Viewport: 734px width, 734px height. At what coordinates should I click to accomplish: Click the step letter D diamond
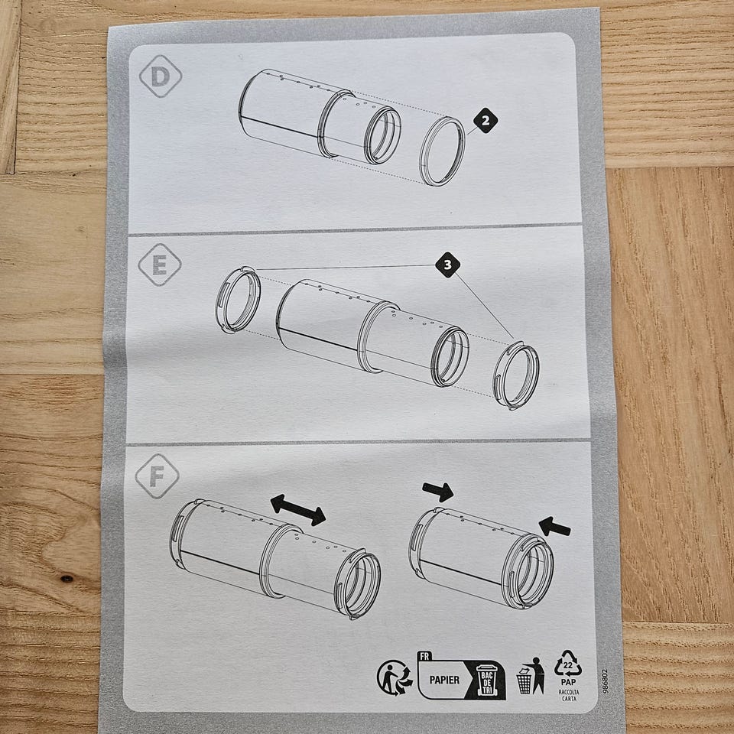click(161, 76)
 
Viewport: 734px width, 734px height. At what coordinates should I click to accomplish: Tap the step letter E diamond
click(160, 265)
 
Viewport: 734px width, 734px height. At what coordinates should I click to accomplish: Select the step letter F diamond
click(158, 476)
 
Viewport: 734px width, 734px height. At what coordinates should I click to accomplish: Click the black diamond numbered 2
click(486, 121)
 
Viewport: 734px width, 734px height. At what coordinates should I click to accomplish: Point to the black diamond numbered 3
click(447, 265)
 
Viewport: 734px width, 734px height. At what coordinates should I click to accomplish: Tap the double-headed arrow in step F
click(297, 510)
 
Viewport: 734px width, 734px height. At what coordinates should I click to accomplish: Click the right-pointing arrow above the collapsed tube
click(437, 492)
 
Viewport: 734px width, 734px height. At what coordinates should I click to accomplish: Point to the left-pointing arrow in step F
click(555, 527)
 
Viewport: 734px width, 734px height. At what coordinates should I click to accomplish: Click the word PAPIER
click(444, 680)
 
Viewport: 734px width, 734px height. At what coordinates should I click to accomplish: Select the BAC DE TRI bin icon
click(487, 680)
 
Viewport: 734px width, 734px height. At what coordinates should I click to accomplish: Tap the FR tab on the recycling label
click(424, 656)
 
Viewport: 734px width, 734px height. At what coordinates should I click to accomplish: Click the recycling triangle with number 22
click(568, 664)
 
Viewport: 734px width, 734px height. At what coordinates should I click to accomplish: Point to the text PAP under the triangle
click(568, 683)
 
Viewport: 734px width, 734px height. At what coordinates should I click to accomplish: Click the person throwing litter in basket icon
click(531, 676)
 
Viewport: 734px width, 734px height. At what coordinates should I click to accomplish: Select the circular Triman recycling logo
click(395, 677)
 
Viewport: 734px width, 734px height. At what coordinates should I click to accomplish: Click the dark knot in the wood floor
click(67, 579)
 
